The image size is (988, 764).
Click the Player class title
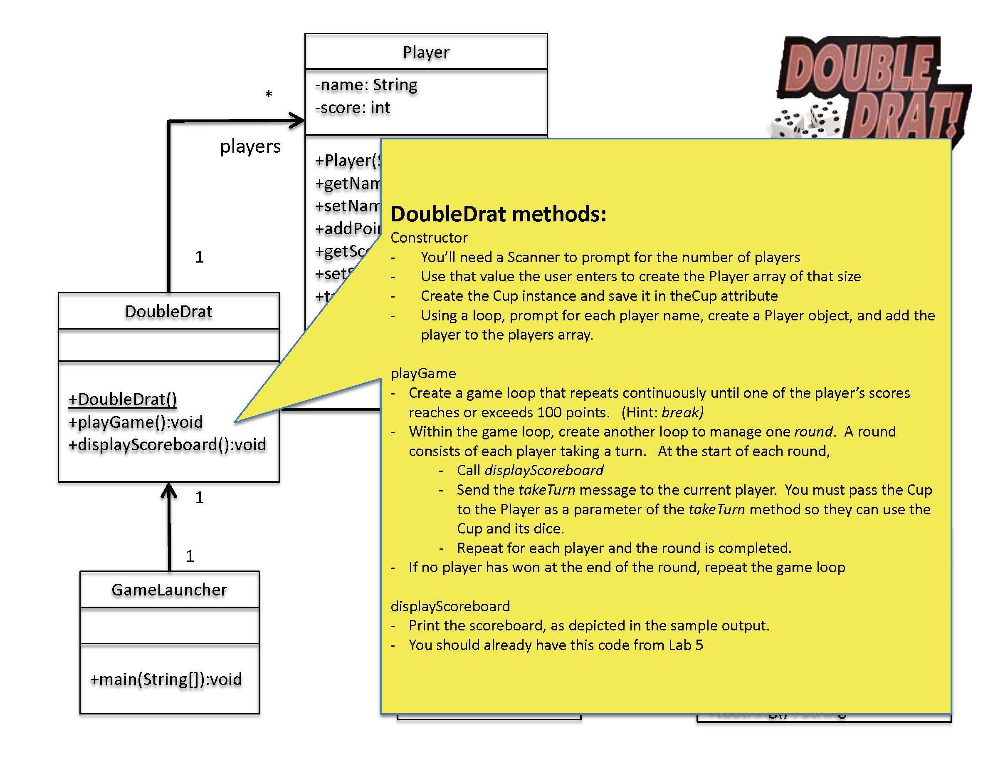(x=426, y=52)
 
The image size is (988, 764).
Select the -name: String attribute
(x=366, y=84)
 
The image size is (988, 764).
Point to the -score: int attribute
(x=352, y=108)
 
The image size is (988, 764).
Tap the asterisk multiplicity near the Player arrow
(x=268, y=94)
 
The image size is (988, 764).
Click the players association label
(x=250, y=146)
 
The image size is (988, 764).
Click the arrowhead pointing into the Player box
(x=298, y=121)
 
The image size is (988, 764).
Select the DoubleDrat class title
(x=168, y=311)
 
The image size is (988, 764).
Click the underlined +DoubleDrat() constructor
(x=122, y=399)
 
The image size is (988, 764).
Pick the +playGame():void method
(x=135, y=422)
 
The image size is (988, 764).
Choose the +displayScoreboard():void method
(x=167, y=444)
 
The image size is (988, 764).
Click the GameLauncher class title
(x=169, y=590)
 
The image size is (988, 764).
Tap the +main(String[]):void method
(x=165, y=679)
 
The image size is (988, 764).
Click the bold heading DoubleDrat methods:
(x=498, y=214)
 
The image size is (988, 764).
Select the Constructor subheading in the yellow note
(x=429, y=238)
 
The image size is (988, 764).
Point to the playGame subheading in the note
(x=423, y=373)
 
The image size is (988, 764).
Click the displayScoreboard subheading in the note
(x=450, y=606)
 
